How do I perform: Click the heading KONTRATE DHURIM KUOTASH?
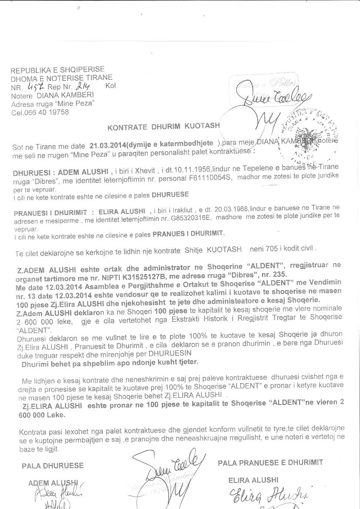163,128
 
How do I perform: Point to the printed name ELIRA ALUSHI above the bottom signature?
253,480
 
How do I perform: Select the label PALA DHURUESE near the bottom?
52,465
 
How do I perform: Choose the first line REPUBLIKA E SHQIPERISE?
58,70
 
